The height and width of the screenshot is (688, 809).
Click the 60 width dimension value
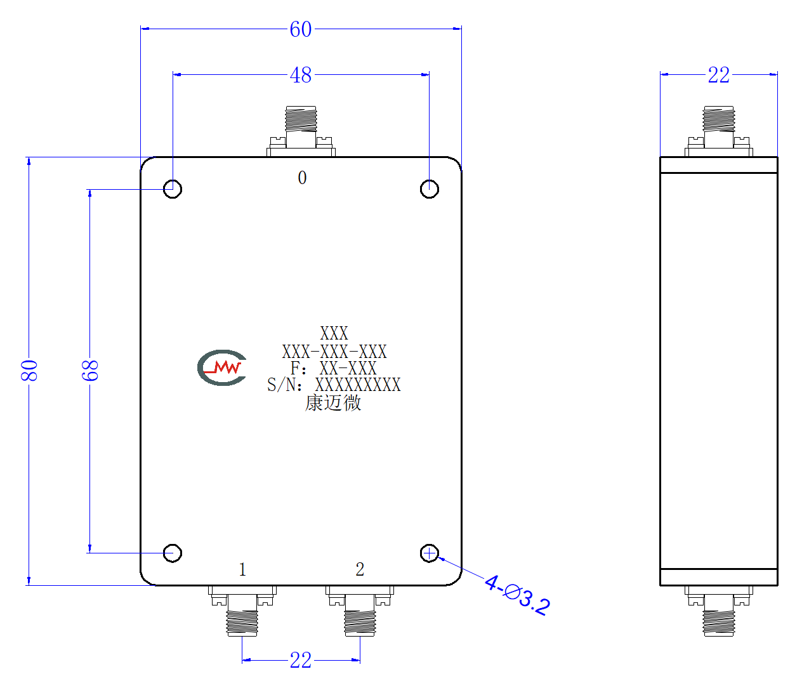click(x=301, y=29)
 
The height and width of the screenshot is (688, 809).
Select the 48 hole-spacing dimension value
click(x=301, y=75)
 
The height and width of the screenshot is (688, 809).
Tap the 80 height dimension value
click(x=29, y=371)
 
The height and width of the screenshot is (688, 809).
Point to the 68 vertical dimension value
click(x=90, y=371)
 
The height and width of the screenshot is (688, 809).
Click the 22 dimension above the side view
click(x=719, y=75)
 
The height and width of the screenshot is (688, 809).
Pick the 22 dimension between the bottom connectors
click(x=301, y=660)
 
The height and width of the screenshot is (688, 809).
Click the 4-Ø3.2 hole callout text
click(x=517, y=595)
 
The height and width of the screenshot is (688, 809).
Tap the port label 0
click(x=302, y=178)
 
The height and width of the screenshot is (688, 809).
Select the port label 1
click(x=242, y=569)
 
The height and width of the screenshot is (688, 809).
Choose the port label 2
click(x=360, y=569)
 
